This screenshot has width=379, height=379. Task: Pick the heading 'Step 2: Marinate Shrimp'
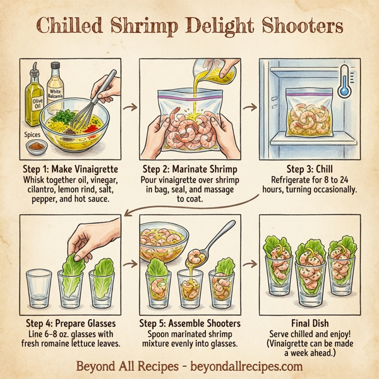point(189,169)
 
